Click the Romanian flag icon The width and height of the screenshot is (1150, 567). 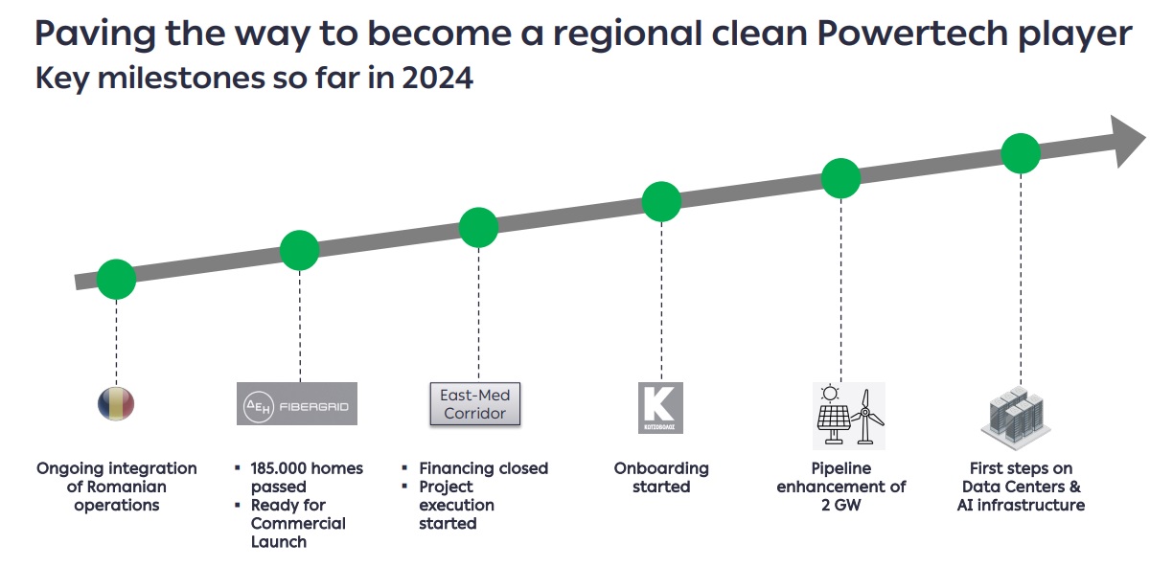pos(116,404)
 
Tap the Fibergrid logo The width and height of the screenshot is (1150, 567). pos(297,404)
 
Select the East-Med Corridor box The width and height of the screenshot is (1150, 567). pos(475,404)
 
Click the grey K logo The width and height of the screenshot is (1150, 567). pos(660,408)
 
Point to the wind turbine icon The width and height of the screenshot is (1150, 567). pos(866,417)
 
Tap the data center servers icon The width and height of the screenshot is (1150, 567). pos(1016,418)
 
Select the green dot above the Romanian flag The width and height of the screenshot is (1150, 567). pos(117,279)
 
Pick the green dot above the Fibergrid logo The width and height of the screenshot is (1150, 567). pos(299,250)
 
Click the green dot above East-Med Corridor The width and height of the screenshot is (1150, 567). pos(478,227)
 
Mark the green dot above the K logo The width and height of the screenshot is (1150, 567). pos(661,202)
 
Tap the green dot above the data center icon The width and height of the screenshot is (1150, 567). pos(1021,153)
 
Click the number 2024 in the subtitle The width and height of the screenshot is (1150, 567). pos(437,78)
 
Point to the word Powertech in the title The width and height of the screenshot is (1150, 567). pos(911,34)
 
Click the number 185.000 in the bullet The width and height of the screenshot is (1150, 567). pos(277,468)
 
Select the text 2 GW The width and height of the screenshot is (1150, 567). pos(841,505)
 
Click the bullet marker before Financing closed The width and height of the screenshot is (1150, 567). pos(404,468)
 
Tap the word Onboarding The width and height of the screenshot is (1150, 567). pos(661,469)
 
